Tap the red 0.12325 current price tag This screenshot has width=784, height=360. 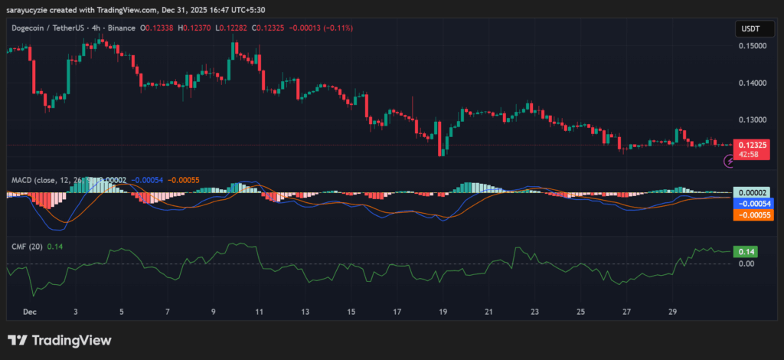click(749, 144)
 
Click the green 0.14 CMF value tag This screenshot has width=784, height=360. click(744, 251)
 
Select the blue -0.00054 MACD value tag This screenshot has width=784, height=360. click(750, 204)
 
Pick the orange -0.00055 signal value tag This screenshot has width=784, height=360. click(750, 215)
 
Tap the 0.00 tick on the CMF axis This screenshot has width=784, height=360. click(745, 263)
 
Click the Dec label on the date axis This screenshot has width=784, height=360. click(30, 313)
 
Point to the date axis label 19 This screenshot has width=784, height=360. click(443, 313)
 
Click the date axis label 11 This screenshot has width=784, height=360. click(259, 313)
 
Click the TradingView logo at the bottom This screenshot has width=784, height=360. click(60, 340)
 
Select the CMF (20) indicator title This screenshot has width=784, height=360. click(26, 246)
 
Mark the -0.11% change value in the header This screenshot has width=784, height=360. click(310, 28)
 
